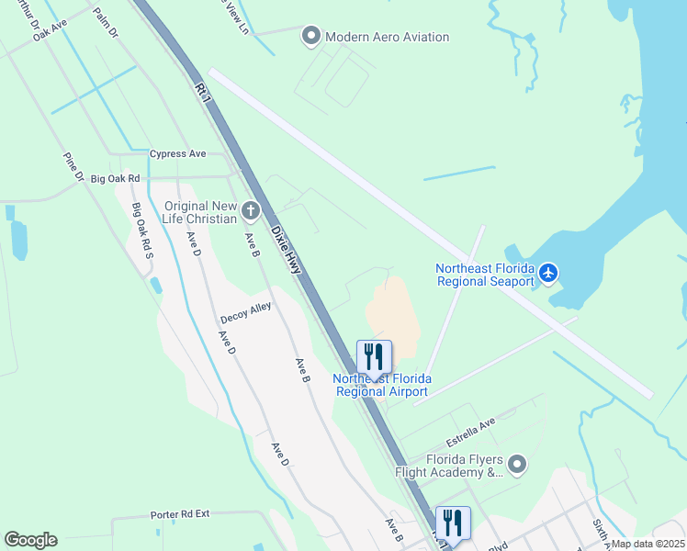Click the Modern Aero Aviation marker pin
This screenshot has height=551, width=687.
click(310, 37)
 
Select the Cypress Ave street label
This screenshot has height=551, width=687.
click(179, 153)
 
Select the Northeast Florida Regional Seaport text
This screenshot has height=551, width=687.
click(484, 275)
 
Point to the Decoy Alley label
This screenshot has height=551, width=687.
click(245, 313)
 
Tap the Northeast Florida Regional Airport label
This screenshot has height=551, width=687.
click(381, 385)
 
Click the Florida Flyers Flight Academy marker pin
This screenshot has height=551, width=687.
click(517, 465)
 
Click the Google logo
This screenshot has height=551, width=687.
click(30, 540)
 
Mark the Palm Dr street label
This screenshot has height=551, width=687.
click(107, 26)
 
